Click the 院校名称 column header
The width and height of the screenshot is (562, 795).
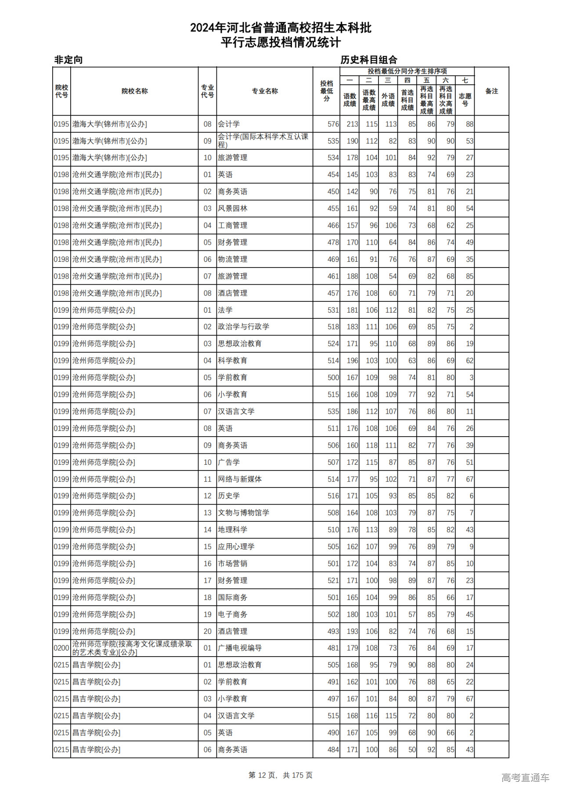click(134, 91)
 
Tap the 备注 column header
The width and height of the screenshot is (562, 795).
click(491, 91)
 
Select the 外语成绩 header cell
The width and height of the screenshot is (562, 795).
click(388, 100)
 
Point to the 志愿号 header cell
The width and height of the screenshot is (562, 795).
click(465, 100)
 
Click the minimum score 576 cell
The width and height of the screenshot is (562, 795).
click(333, 124)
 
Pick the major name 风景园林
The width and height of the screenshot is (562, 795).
click(233, 209)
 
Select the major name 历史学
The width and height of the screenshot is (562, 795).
click(229, 496)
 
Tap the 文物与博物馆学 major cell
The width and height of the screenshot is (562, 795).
click(244, 513)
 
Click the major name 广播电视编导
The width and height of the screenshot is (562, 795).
click(240, 648)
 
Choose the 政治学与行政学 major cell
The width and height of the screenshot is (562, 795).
click(244, 327)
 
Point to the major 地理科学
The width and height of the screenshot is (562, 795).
click(233, 530)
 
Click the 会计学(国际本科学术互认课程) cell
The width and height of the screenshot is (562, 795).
click(263, 141)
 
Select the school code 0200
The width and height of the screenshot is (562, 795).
click(61, 648)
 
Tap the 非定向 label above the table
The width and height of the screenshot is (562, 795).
click(68, 60)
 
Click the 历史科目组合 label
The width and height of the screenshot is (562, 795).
click(369, 60)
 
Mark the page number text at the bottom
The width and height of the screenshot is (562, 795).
click(281, 775)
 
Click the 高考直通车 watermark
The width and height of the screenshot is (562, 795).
click(525, 777)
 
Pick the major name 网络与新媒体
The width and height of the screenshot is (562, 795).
click(240, 479)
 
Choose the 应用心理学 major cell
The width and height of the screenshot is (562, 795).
click(236, 547)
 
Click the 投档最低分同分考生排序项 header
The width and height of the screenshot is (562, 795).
click(407, 71)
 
